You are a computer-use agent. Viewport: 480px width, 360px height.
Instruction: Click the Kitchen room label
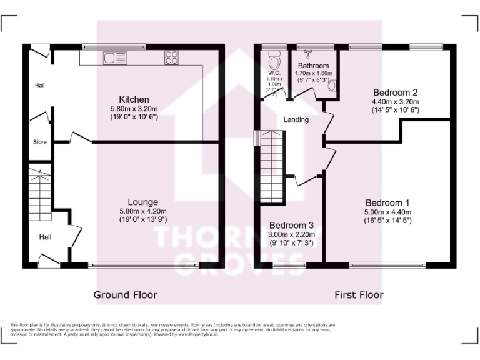point(134,99)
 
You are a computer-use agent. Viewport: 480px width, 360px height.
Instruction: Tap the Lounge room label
point(143,202)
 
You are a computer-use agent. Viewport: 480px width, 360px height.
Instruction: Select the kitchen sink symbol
point(116,58)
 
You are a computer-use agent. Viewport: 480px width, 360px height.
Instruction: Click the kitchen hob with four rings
point(171,58)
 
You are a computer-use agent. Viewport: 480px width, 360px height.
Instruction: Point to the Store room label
point(39,142)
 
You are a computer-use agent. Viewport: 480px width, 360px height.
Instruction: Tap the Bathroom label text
point(313,66)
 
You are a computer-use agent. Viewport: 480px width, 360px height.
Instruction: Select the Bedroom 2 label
point(395,92)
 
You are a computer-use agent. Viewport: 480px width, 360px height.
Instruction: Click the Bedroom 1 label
point(387,202)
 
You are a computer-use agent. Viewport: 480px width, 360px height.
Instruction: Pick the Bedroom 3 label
point(291,225)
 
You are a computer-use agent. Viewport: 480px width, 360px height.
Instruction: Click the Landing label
point(296,119)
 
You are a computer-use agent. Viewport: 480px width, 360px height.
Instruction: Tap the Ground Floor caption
point(126,294)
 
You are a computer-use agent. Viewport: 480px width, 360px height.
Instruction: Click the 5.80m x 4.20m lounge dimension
point(143,211)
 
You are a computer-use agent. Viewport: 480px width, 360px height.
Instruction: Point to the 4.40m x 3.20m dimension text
point(395,101)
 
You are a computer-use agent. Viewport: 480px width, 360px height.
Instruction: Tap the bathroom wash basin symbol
point(332,86)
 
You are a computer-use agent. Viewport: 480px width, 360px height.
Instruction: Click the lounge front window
point(144,266)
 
